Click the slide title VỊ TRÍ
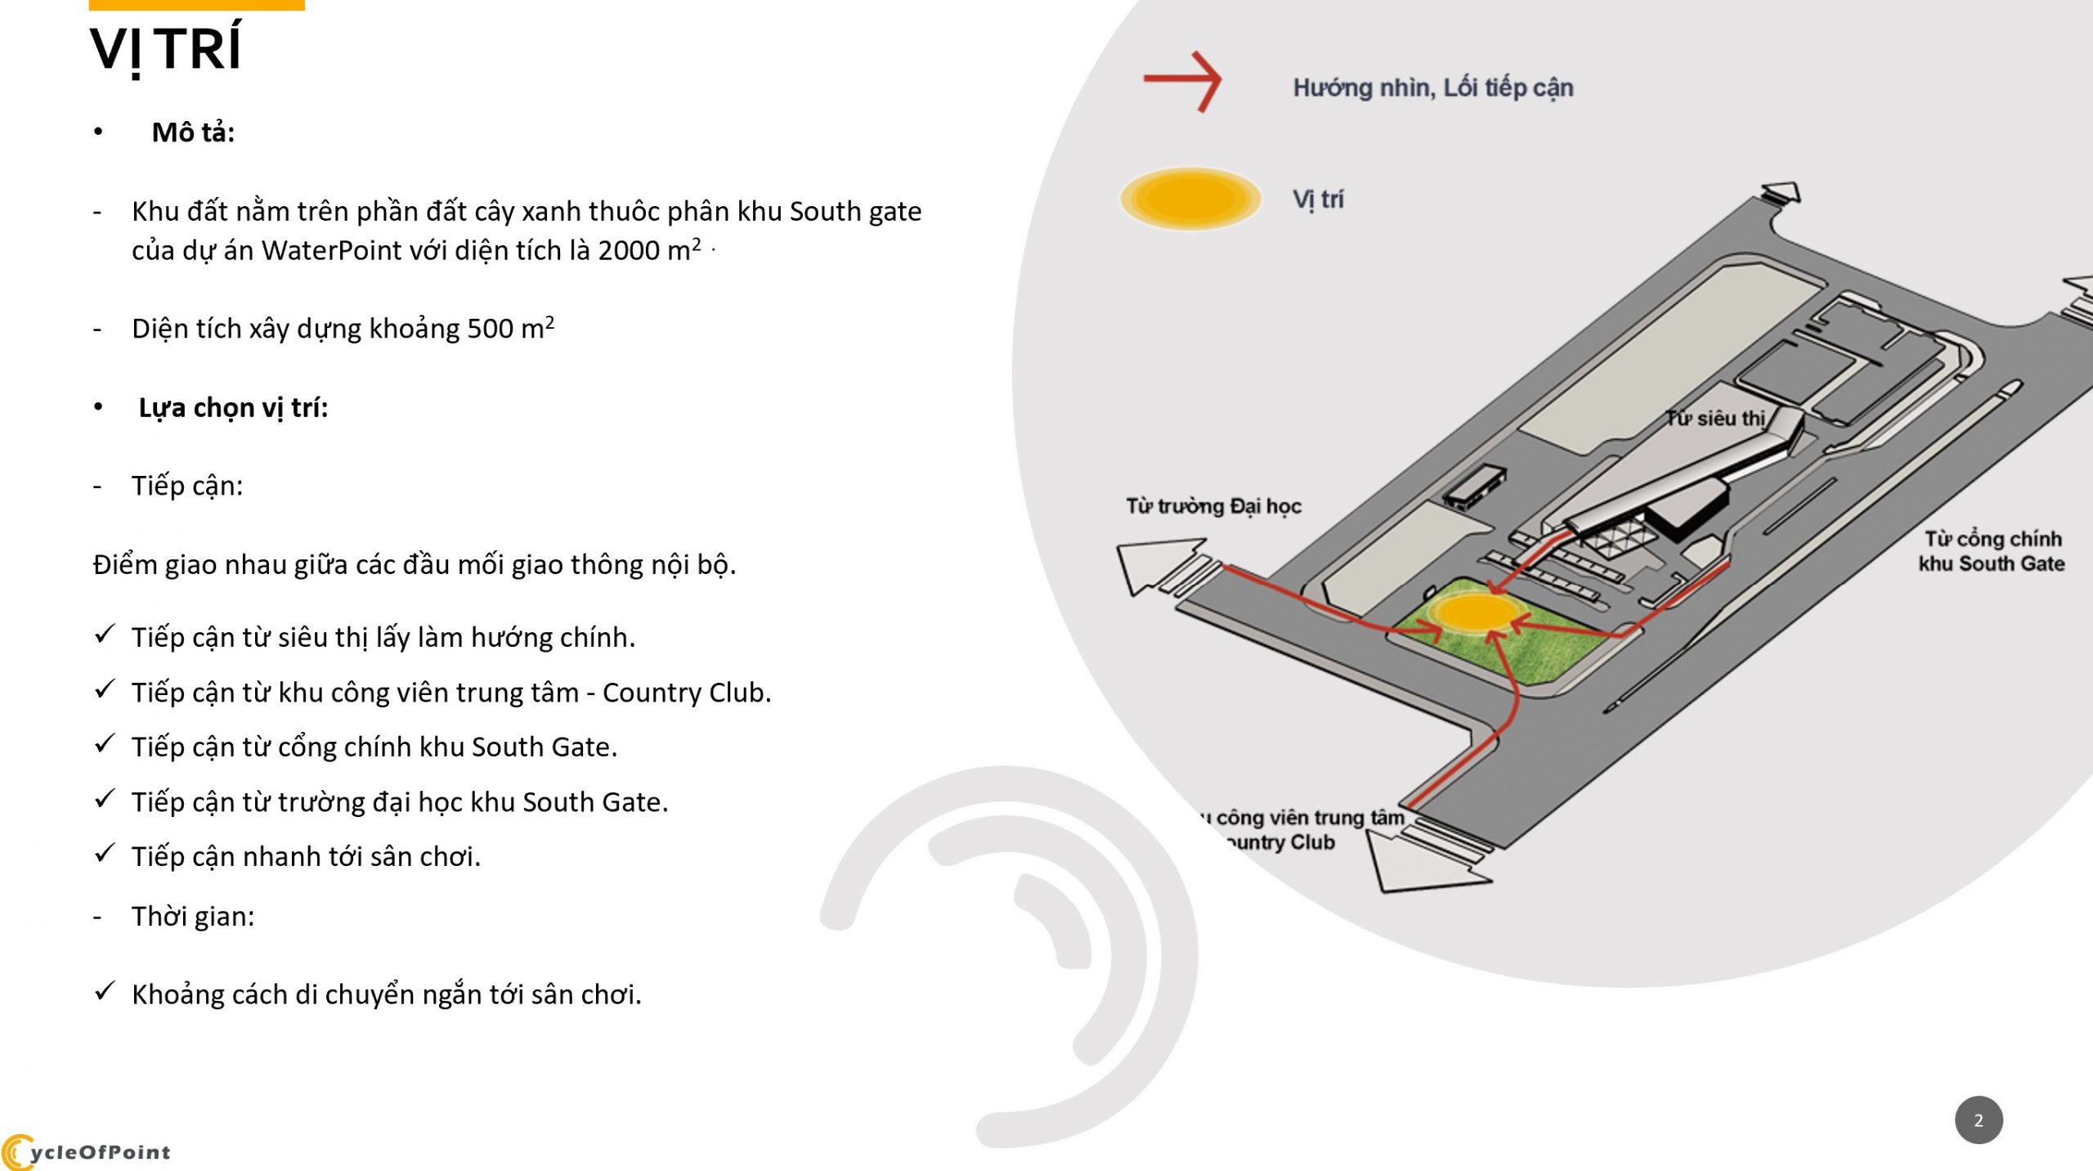pos(165,49)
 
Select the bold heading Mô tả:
pos(193,132)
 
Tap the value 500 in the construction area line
pos(490,329)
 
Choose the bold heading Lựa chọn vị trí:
pos(233,407)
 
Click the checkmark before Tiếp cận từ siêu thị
pos(105,635)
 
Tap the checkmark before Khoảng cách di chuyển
pos(105,992)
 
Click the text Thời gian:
pos(193,917)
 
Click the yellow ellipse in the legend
pos(1190,199)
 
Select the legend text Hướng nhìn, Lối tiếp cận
pos(1432,87)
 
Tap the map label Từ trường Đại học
pos(1213,506)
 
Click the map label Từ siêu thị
pos(1715,419)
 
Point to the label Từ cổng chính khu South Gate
pos(1992,551)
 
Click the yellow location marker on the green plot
pos(1473,612)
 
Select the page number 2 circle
pos(1979,1120)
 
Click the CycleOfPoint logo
pos(87,1152)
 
